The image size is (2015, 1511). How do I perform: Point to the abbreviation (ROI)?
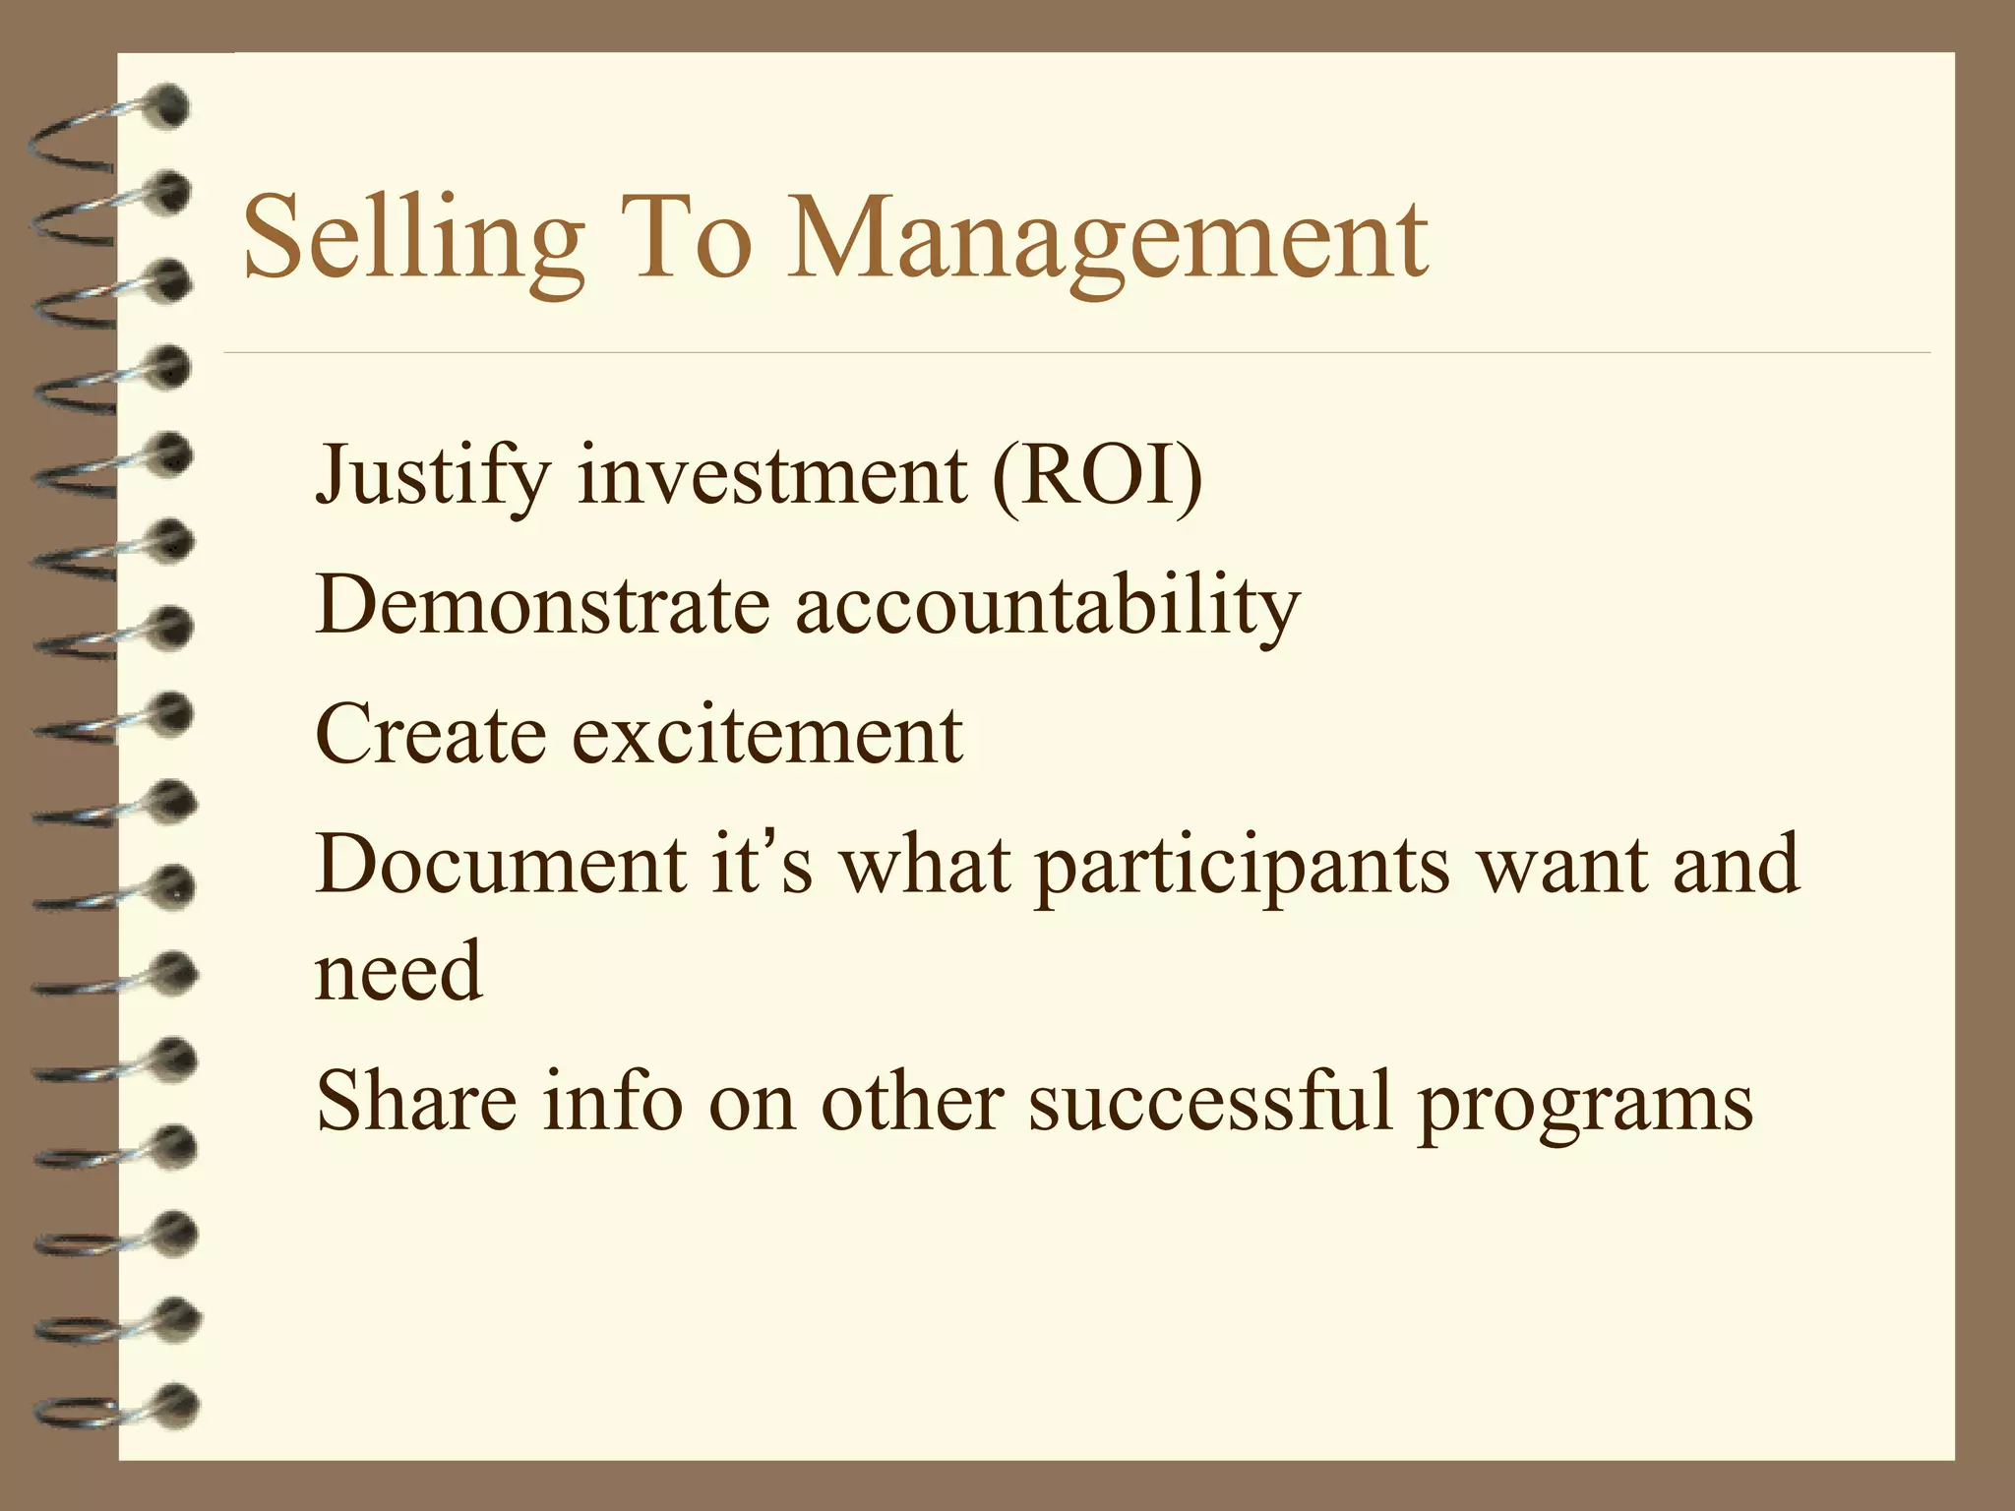1097,476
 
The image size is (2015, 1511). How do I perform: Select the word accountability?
1048,604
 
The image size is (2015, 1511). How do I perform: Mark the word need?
398,970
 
